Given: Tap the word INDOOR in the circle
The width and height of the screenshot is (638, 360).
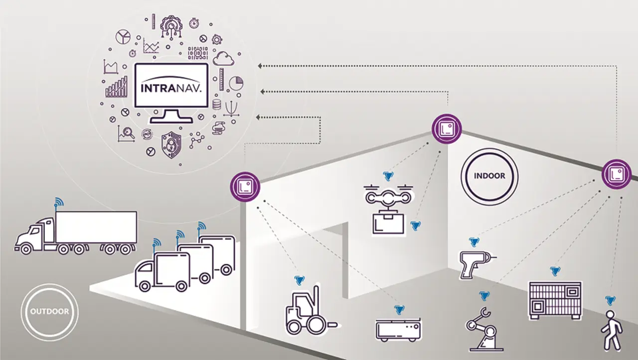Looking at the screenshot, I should click(x=489, y=176).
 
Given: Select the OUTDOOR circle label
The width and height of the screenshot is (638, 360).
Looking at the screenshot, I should click(x=49, y=312).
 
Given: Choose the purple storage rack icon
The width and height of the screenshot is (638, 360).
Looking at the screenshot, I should click(x=555, y=299).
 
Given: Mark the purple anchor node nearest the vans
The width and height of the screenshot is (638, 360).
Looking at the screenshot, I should click(x=245, y=186).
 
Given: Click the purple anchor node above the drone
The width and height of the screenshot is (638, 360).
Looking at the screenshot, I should click(x=446, y=129).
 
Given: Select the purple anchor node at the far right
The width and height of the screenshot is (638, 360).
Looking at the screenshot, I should click(x=617, y=174).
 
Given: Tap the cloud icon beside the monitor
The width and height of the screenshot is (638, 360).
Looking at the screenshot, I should click(x=223, y=59).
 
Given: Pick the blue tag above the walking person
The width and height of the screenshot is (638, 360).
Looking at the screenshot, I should click(x=610, y=300).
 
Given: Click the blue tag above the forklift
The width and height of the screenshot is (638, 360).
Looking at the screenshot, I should click(x=299, y=280).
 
